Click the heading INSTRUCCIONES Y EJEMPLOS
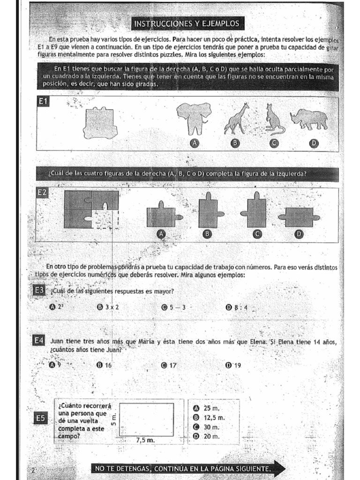(187, 23)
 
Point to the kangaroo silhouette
(273, 119)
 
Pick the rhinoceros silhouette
(309, 120)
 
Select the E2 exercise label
(43, 193)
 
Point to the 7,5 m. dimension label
(145, 440)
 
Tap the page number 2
(33, 470)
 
